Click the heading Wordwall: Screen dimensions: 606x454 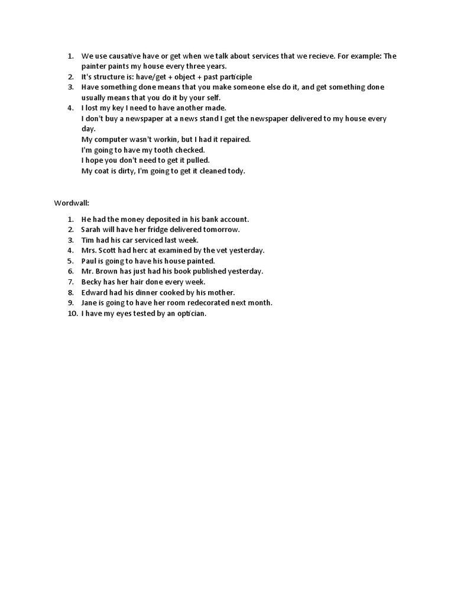pos(71,203)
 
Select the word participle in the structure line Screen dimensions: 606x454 pos(232,77)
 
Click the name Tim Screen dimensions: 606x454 pos(87,240)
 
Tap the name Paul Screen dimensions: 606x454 pos(90,261)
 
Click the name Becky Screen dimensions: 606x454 pos(92,282)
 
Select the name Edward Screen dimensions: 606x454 pos(95,292)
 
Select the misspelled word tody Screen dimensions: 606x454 pos(235,171)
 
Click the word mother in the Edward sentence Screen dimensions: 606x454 pos(222,292)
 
